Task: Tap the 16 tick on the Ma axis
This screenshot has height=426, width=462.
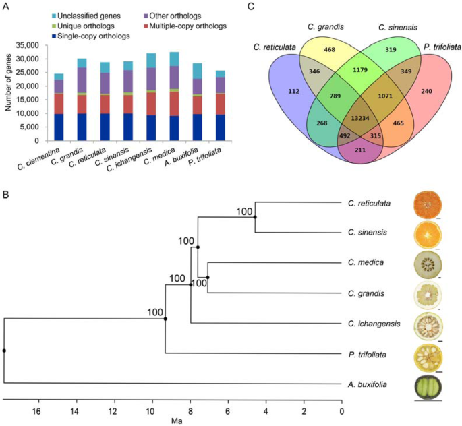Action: (38, 410)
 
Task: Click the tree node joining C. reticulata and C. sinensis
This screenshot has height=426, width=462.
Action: (255, 217)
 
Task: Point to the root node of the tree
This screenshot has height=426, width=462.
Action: (4, 351)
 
